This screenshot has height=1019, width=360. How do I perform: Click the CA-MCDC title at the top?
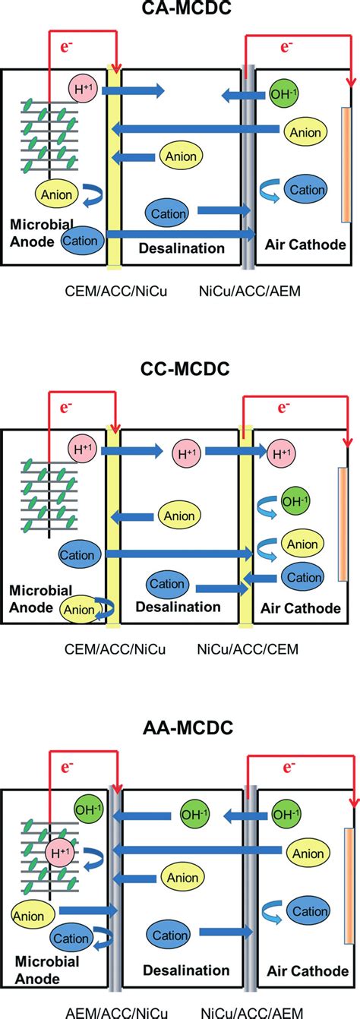(180, 11)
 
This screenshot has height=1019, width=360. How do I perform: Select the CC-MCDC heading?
(180, 369)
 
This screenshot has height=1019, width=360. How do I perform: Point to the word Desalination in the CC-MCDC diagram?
(178, 607)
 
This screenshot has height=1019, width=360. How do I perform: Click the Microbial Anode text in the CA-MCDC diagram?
(41, 234)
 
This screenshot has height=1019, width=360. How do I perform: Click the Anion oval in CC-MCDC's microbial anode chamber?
(80, 609)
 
